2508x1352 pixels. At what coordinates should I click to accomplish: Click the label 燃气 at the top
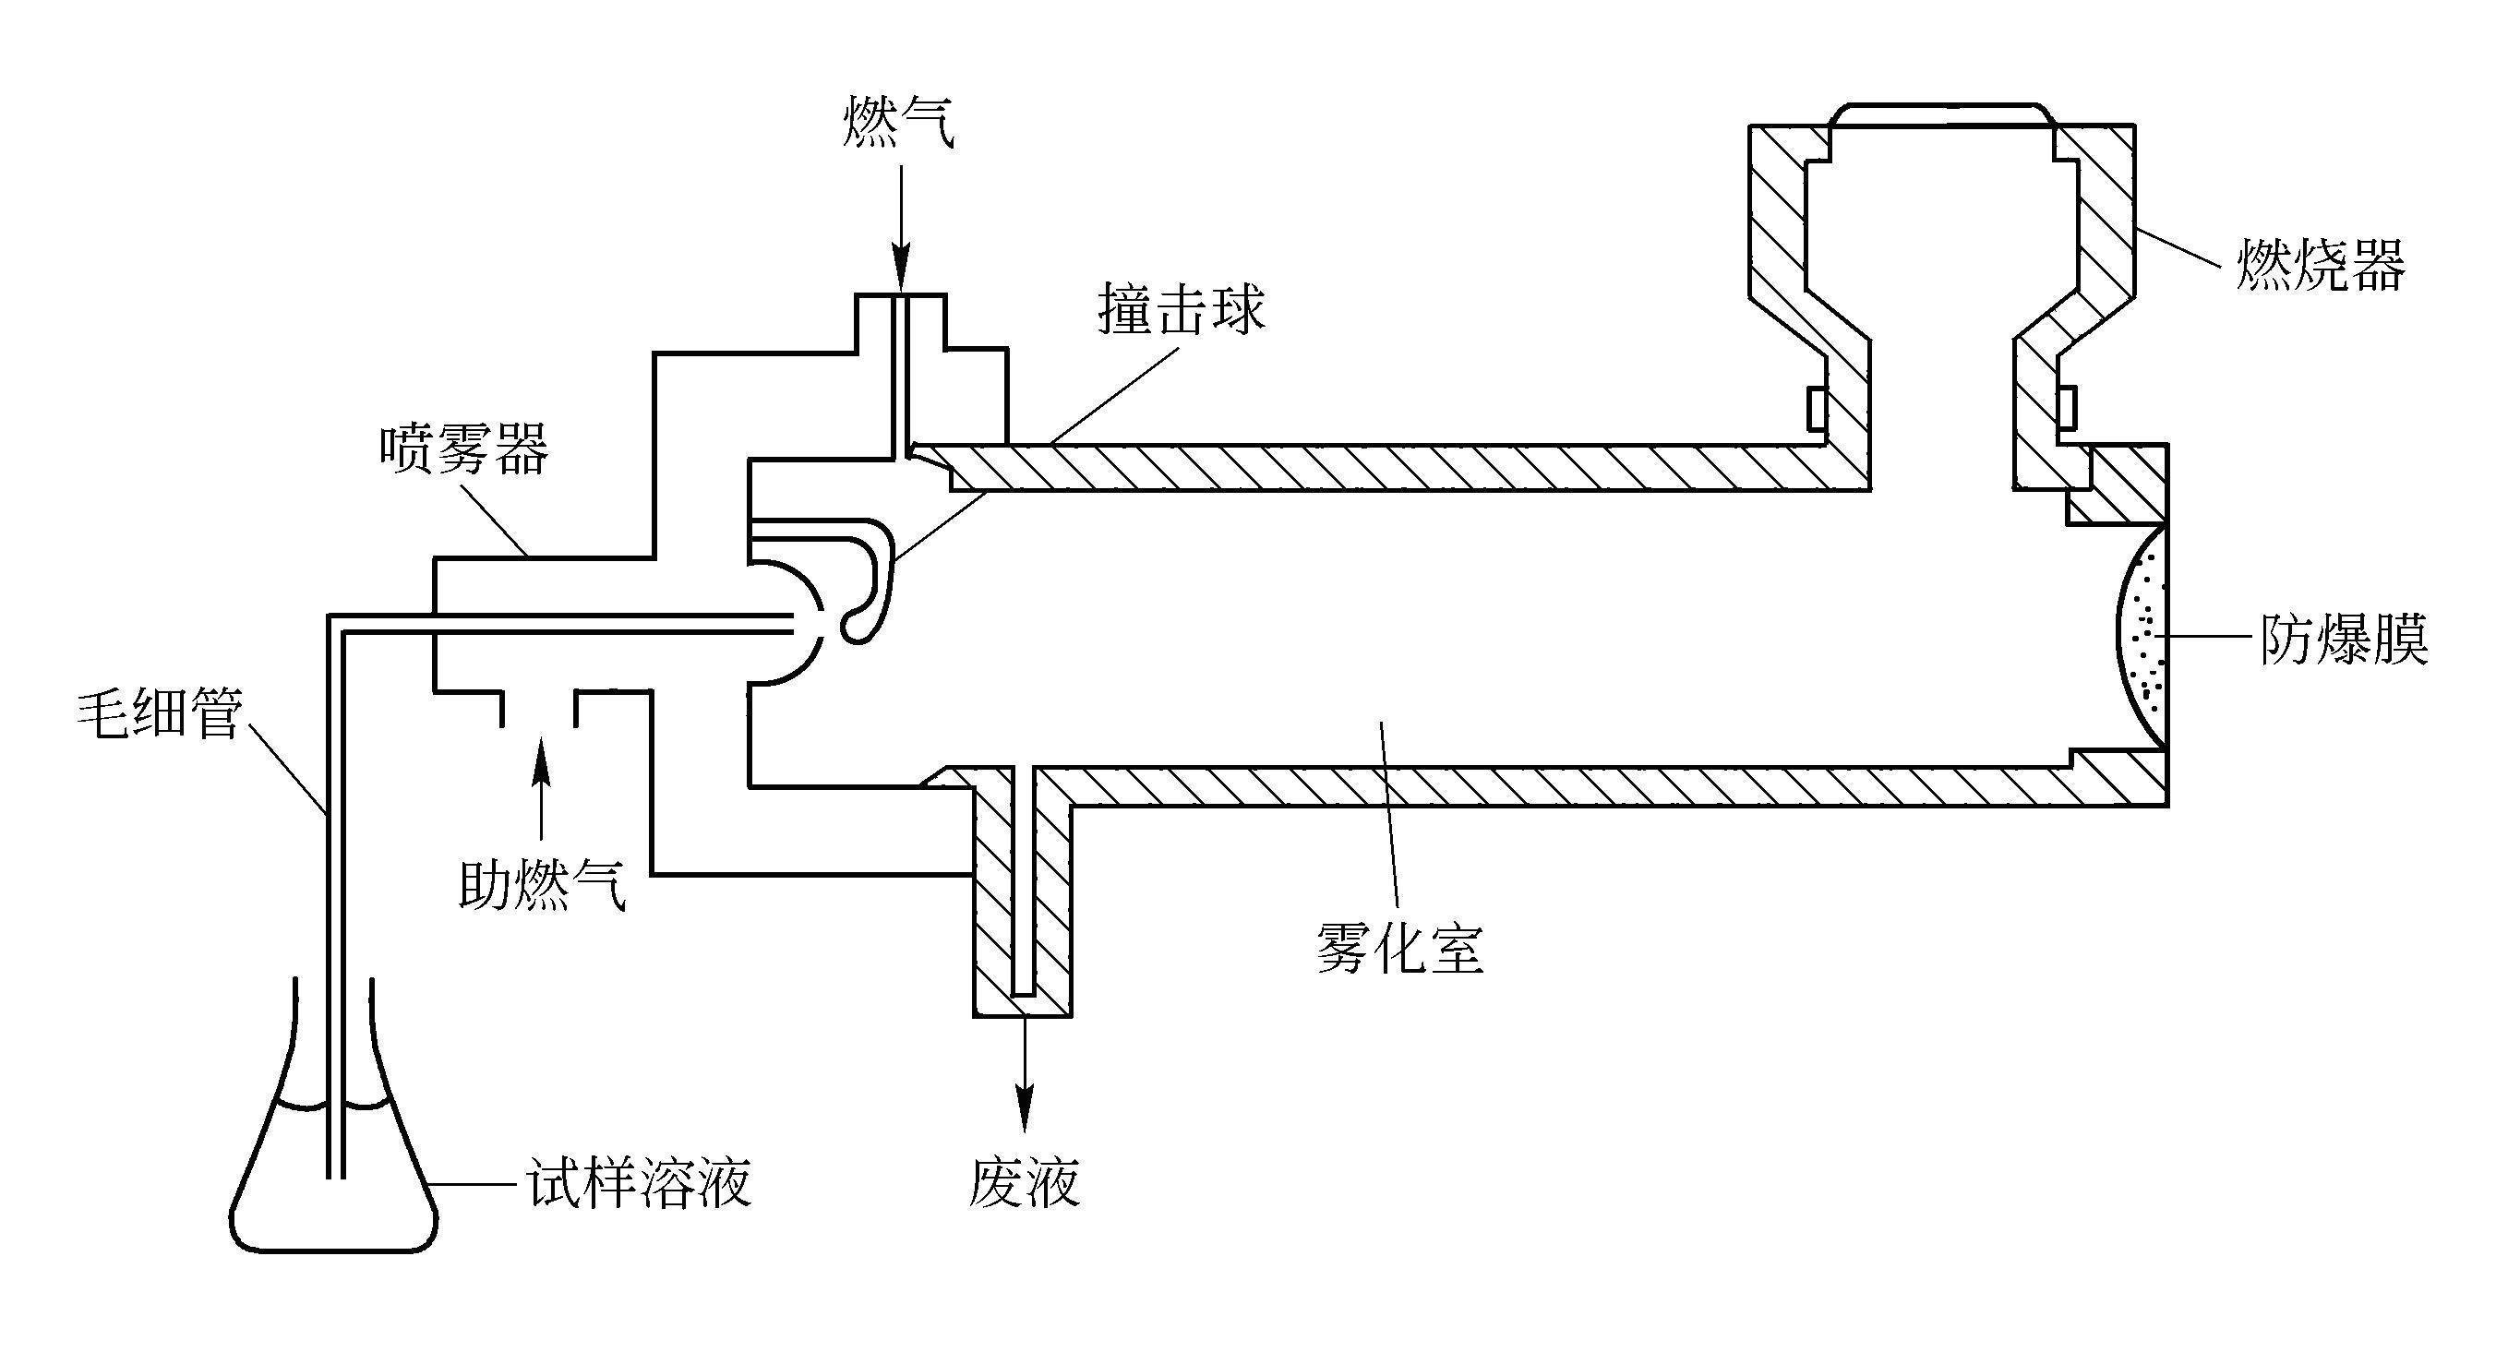coord(899,121)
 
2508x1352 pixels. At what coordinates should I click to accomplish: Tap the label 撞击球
coord(1181,309)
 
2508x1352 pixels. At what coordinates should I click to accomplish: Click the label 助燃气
coord(542,884)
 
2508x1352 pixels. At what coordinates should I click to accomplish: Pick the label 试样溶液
coord(640,1182)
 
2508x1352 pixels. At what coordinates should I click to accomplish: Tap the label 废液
coord(1025,1182)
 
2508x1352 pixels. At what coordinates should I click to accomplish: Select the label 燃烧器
coord(2320,264)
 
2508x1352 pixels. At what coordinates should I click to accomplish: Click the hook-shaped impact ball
coord(871,584)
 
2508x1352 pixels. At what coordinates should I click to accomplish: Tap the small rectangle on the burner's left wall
coord(1816,409)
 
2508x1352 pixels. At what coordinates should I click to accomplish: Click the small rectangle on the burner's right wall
coord(2067,409)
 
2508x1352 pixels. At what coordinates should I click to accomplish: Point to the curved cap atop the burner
coord(1942,109)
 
